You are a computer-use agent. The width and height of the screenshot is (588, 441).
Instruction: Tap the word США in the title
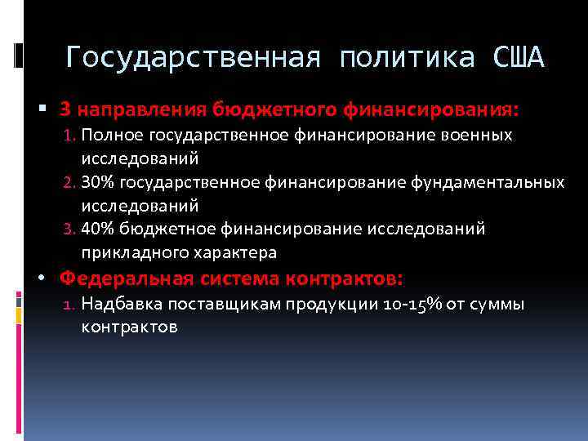tap(518, 58)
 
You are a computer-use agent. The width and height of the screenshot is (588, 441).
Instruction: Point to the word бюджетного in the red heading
tap(265, 109)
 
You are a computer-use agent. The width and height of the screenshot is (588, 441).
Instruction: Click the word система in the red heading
tap(238, 278)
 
